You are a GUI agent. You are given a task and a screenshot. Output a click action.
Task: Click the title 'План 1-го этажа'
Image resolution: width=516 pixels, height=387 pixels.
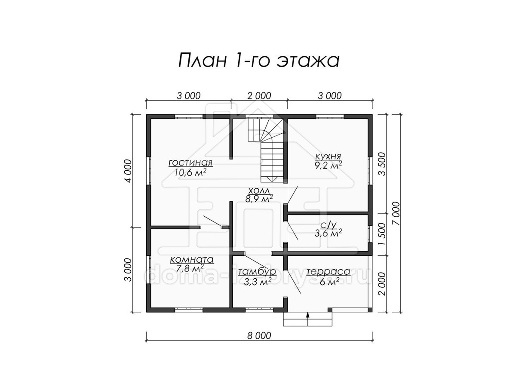[259, 61]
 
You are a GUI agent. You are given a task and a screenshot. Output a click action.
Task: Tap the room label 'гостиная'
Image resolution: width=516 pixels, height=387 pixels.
[190, 163]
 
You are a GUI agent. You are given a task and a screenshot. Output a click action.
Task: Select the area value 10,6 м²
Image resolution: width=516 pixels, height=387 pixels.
[190, 172]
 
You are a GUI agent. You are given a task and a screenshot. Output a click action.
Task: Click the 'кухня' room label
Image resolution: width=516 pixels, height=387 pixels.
[328, 156]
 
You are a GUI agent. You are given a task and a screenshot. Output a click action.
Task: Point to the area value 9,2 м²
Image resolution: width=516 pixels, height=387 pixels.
[328, 166]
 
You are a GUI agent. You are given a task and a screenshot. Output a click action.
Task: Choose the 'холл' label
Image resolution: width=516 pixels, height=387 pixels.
[259, 190]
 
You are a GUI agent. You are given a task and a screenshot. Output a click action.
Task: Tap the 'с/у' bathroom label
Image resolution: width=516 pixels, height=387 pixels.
[329, 225]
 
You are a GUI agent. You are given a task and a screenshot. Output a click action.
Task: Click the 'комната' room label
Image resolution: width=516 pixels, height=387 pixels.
[191, 260]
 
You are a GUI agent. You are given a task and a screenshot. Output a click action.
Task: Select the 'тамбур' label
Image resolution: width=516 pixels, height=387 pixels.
[257, 272]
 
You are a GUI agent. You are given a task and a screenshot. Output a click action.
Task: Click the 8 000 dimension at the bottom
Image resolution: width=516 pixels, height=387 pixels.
[259, 335]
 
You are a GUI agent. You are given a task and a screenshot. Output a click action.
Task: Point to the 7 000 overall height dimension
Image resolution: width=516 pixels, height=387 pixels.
[396, 213]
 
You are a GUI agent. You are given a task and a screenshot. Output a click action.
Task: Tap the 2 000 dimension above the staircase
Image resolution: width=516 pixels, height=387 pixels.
[259, 96]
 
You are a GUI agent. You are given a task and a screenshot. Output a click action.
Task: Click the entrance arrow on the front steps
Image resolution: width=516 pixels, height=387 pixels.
[307, 319]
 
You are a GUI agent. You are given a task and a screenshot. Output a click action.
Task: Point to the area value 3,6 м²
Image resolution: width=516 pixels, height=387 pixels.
[328, 233]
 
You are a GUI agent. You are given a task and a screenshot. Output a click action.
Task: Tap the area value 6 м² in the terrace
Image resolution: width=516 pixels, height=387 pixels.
[329, 282]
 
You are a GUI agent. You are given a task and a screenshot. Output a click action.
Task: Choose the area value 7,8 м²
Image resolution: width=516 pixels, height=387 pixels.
[191, 268]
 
